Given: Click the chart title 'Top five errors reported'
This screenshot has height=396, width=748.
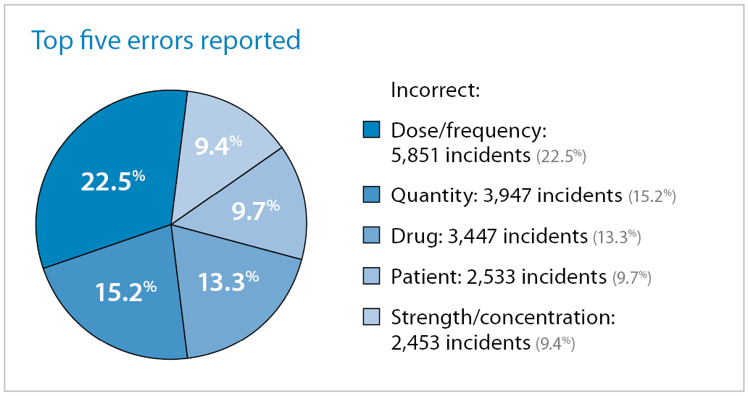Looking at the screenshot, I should tap(165, 41).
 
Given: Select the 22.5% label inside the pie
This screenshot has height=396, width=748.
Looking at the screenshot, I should tap(112, 181).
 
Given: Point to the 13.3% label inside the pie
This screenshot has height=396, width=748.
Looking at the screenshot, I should tap(228, 280).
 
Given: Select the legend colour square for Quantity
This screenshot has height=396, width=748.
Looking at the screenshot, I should tap(371, 195).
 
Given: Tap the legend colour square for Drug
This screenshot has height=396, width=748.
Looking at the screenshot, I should tap(371, 235).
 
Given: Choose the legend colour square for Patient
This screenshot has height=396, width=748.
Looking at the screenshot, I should tap(371, 276).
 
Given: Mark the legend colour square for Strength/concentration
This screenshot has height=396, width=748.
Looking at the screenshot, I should tap(371, 316).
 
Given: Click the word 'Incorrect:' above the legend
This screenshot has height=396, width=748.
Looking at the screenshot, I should tap(436, 91).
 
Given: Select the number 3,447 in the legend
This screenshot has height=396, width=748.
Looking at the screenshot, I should tap(466, 236).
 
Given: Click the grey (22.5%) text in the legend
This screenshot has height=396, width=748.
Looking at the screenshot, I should tap(561, 156).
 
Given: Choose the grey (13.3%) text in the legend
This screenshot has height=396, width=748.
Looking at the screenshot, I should tap(617, 237).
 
